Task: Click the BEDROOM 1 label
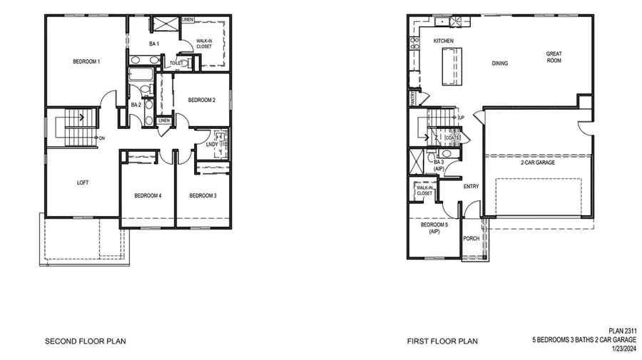point(86,62)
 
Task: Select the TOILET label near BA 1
point(177,63)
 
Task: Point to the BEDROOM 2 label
point(202,101)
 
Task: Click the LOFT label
point(83,182)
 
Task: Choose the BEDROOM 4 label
point(148,195)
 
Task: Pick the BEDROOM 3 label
point(203,195)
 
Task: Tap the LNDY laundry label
point(212,145)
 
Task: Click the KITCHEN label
point(444,41)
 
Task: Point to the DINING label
point(500,63)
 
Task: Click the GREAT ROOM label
point(554,57)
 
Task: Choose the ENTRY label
point(471,187)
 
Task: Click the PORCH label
point(471,239)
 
